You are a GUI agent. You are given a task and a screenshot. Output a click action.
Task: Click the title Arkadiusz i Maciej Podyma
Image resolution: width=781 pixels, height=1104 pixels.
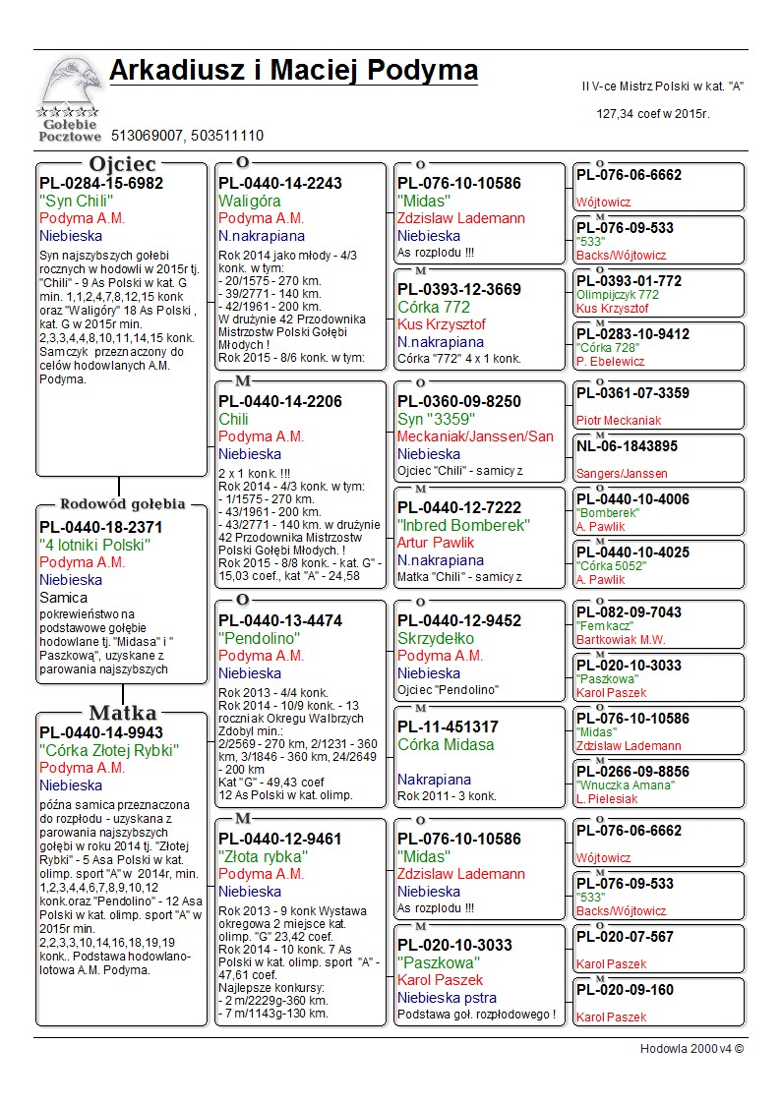(293, 71)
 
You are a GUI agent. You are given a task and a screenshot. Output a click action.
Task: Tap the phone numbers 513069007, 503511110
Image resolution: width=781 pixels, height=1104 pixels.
(187, 136)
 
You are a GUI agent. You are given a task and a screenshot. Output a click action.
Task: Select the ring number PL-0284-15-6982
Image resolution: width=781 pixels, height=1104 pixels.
(101, 183)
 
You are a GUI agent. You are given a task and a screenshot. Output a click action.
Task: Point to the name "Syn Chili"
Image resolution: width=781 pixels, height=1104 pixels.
(77, 201)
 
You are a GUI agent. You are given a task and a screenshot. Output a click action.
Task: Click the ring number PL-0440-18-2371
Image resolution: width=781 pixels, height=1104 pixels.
(101, 527)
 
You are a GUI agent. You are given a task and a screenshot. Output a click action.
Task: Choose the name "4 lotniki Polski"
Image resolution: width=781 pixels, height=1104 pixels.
(94, 545)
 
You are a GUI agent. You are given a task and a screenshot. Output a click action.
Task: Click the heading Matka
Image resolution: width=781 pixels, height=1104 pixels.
(123, 713)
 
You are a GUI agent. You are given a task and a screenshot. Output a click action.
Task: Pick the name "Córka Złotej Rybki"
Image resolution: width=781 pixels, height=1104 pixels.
(108, 750)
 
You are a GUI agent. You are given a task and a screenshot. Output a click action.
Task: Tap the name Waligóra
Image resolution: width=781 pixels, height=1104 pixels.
(250, 201)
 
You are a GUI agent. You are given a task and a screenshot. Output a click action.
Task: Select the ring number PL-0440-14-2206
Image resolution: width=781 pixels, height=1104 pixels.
(280, 401)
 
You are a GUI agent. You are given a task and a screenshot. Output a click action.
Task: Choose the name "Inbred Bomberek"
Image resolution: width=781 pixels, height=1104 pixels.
(463, 525)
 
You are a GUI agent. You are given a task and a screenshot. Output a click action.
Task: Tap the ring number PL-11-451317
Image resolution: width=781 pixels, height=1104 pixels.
(448, 726)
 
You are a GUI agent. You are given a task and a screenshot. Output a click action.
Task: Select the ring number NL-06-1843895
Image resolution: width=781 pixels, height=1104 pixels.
(627, 446)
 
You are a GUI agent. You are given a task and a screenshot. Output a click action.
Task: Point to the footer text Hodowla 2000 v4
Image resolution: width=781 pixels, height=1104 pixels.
(691, 1049)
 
